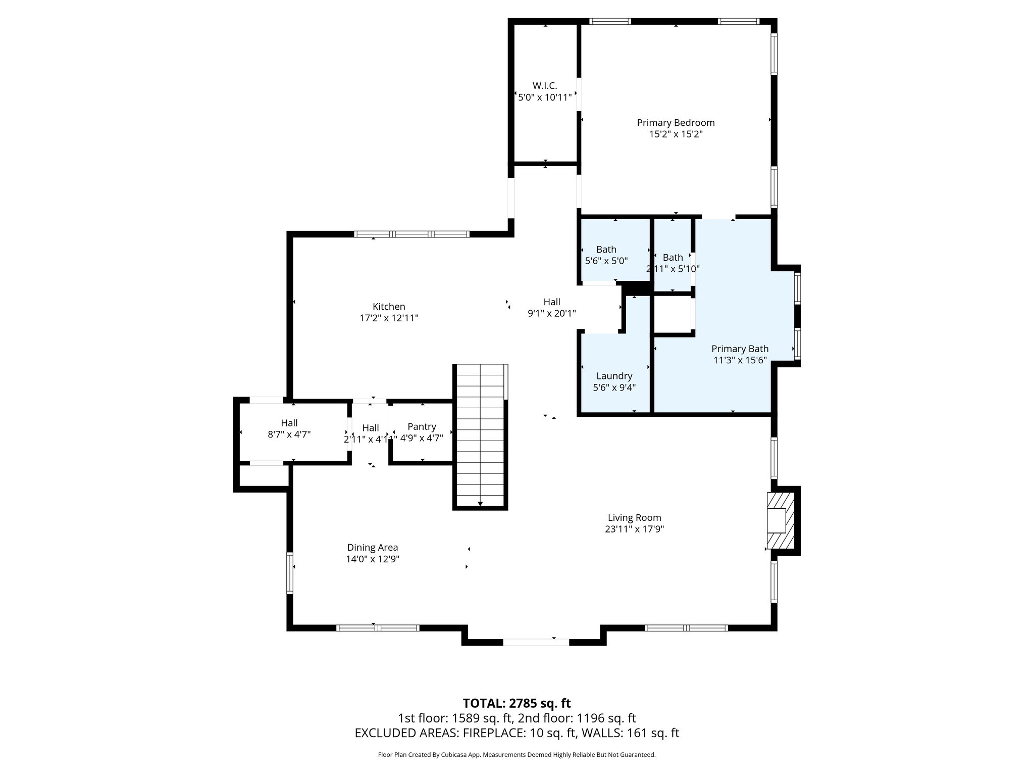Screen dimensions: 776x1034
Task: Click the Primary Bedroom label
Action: (x=676, y=123)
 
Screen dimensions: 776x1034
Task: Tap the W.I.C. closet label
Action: (x=545, y=86)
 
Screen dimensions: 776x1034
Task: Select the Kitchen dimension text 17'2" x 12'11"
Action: (x=389, y=318)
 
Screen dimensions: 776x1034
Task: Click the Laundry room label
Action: (x=614, y=376)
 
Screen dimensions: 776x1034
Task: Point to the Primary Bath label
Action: (x=740, y=349)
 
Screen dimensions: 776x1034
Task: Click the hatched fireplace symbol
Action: (x=781, y=520)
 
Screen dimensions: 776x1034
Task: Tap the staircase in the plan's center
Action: (x=480, y=434)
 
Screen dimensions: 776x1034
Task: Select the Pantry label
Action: (x=422, y=427)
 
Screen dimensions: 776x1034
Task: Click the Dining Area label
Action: (x=373, y=547)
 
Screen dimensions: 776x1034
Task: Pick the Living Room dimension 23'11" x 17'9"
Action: (x=634, y=529)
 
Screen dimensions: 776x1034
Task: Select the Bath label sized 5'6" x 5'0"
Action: (x=606, y=249)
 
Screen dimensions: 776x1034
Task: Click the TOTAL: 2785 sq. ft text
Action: (x=516, y=703)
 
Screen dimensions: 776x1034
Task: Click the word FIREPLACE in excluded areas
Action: (x=485, y=733)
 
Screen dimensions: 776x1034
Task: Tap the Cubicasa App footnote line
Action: (x=516, y=755)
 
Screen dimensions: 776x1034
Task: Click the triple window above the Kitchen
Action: (x=412, y=234)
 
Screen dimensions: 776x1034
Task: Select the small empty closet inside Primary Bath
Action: (x=673, y=315)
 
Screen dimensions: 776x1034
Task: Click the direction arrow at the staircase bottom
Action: (x=480, y=503)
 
